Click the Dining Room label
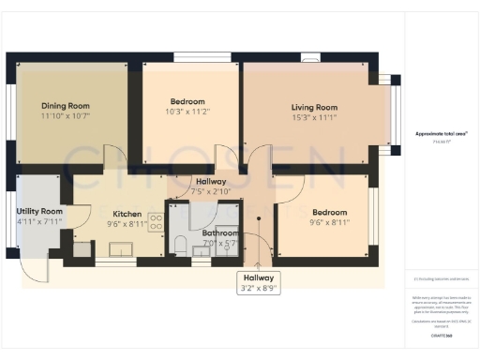(x=65, y=106)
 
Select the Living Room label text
(x=314, y=108)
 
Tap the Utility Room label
(x=39, y=212)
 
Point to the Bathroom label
(x=220, y=232)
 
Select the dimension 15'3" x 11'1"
(x=314, y=118)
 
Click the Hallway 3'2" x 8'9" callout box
(x=259, y=283)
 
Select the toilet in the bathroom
(x=181, y=247)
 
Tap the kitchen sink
(x=121, y=249)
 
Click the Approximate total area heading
(x=441, y=133)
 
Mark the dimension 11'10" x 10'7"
(x=65, y=116)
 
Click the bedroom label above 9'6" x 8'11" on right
(x=329, y=213)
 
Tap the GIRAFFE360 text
(x=441, y=334)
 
